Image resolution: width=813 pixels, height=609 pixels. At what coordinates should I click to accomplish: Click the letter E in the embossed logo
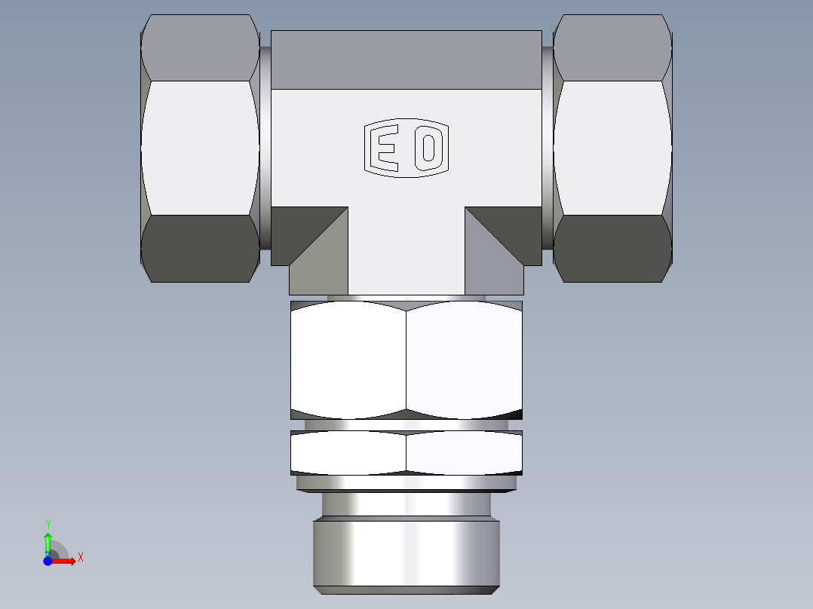[386, 148]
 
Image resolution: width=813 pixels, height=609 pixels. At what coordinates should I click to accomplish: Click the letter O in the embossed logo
[428, 148]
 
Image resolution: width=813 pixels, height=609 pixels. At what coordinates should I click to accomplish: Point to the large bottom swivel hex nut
[406, 360]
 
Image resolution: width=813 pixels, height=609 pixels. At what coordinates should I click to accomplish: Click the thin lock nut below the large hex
[406, 452]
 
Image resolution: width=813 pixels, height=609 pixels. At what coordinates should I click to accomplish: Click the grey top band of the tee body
[406, 60]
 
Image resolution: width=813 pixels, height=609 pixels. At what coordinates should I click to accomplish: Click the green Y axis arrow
[48, 540]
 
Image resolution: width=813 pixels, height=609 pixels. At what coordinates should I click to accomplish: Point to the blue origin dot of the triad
[48, 561]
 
